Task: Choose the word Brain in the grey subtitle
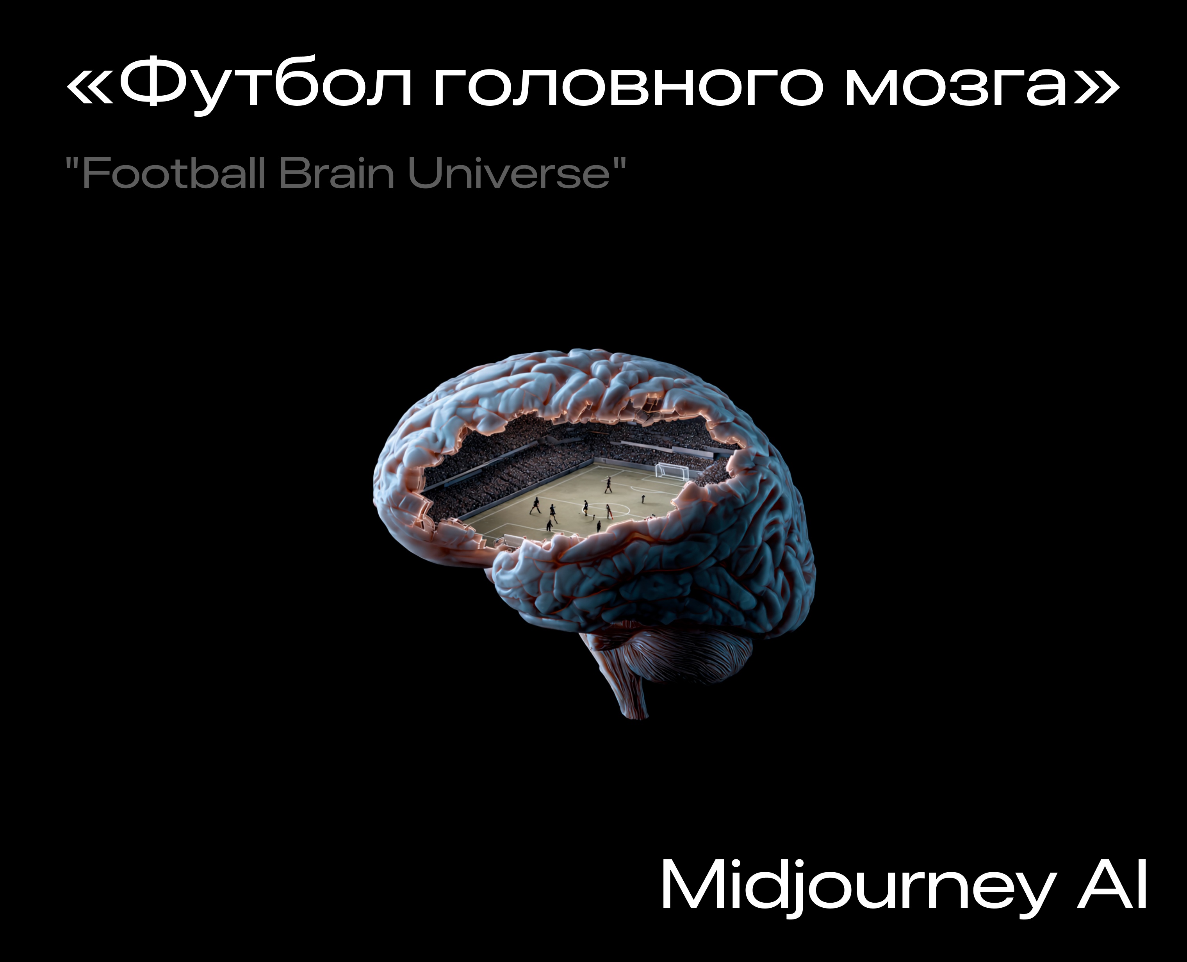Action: [336, 173]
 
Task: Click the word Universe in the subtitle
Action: [509, 173]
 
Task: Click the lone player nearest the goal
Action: [643, 499]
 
